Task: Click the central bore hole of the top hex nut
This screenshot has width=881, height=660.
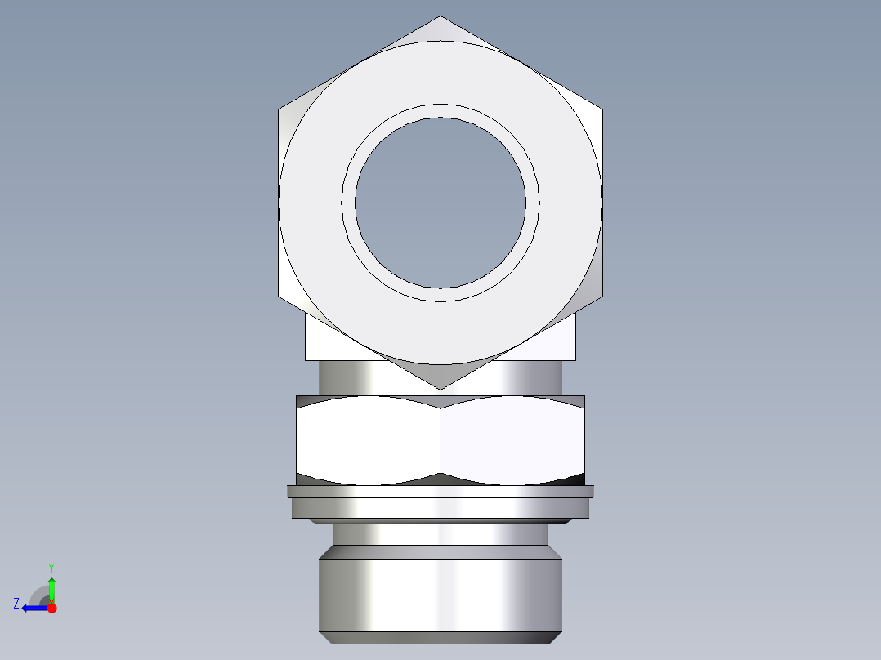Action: (440, 203)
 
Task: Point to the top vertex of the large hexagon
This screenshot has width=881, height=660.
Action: (440, 17)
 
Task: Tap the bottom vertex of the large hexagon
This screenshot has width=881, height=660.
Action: (440, 388)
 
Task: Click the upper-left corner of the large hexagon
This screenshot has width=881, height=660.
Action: (280, 109)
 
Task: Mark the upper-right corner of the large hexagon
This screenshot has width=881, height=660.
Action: (601, 109)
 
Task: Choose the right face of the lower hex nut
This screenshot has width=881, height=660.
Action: (512, 439)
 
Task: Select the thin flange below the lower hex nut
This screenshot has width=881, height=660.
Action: (440, 492)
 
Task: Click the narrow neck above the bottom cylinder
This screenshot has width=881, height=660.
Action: (440, 535)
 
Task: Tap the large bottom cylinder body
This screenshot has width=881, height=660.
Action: (440, 594)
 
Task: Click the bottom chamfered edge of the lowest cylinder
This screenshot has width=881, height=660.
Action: (440, 638)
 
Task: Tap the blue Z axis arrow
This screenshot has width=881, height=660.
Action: (33, 608)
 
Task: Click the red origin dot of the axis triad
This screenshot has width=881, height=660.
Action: (51, 608)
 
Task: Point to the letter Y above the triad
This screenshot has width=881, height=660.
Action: (51, 567)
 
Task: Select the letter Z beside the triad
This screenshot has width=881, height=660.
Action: (16, 604)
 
